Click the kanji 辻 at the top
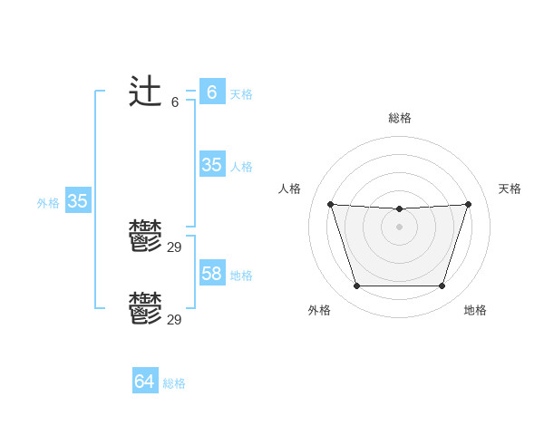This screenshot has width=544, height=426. (x=146, y=93)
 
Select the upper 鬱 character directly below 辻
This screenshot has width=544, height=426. (x=146, y=237)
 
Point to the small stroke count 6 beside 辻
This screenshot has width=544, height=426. (x=175, y=102)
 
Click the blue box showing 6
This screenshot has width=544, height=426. (x=212, y=92)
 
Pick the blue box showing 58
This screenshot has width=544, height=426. (x=212, y=273)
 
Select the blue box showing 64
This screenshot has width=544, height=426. (x=145, y=382)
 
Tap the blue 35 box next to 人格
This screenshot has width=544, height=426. (x=212, y=165)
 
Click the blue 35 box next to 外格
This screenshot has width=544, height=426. (x=78, y=201)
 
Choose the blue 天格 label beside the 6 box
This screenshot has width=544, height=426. (x=241, y=94)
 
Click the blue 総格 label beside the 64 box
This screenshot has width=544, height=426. (x=174, y=383)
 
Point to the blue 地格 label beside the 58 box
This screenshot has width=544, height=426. (x=241, y=276)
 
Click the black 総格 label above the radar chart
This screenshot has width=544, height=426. (x=400, y=118)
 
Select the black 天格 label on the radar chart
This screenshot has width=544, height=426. (x=510, y=189)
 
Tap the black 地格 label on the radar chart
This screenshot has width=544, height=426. (x=475, y=310)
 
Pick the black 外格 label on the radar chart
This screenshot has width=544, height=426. (x=319, y=310)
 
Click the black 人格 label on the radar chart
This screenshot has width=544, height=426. (x=290, y=189)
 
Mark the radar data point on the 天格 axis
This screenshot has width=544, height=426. (x=469, y=204)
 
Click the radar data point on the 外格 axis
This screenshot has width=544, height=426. (x=356, y=286)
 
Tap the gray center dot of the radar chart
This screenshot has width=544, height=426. (x=399, y=227)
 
